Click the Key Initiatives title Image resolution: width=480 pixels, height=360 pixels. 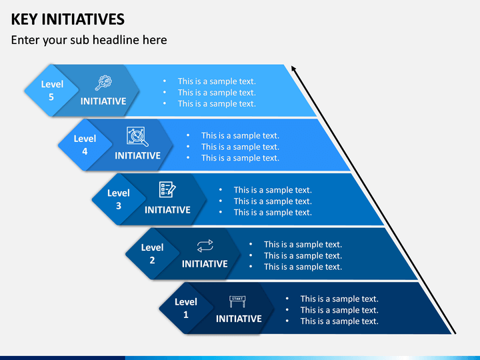coord(67,19)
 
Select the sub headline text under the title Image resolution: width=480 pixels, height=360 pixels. coord(89,40)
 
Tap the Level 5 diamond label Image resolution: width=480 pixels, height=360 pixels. coord(52,90)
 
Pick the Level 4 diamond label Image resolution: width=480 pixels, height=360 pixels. coord(85,145)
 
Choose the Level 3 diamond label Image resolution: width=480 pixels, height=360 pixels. coord(119,199)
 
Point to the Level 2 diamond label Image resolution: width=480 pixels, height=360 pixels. coord(152,253)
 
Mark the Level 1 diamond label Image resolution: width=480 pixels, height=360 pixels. coord(186,308)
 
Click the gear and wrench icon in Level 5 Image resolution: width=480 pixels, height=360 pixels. coord(103,83)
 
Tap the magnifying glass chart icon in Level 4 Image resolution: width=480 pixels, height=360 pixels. coord(137,137)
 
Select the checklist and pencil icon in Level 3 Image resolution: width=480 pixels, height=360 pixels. coord(167,189)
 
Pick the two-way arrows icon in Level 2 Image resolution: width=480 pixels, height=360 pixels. coord(205,246)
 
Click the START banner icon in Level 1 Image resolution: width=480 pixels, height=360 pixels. coord(237,301)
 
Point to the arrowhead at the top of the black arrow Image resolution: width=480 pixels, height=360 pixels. coord(293,68)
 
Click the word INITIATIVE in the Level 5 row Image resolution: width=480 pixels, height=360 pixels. coord(103,101)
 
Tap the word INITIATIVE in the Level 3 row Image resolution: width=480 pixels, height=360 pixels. coord(167,210)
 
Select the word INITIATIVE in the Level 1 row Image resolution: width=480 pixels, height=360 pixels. coord(239,319)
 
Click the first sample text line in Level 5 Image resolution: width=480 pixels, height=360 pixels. coord(217,81)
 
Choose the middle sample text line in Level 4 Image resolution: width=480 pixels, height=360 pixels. coord(240,147)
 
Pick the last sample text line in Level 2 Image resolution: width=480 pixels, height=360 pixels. coord(303,267)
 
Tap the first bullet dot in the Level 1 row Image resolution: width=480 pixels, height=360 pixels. coord(287,299)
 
